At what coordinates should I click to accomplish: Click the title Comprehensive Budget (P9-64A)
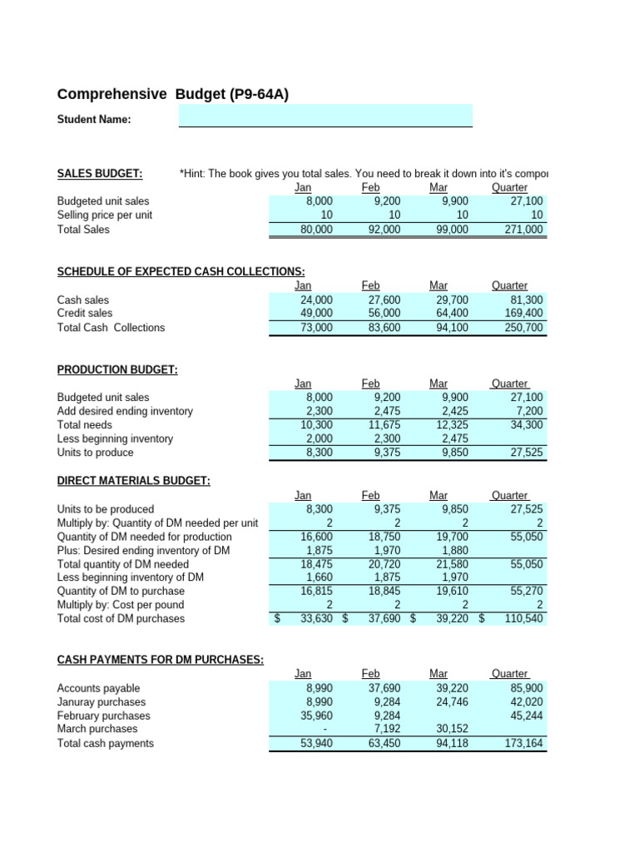pos(172,95)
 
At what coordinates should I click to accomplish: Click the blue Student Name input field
pos(325,116)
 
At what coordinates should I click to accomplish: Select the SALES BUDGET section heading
pos(99,173)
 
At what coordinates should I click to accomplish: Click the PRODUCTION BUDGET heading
pos(117,369)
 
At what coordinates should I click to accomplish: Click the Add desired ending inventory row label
pos(125,411)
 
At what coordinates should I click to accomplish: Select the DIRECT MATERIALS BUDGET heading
pos(133,480)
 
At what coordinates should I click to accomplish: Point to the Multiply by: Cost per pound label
pos(121,605)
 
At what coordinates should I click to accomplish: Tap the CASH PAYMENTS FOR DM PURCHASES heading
pos(160,660)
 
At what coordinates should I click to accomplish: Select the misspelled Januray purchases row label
pos(104,702)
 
